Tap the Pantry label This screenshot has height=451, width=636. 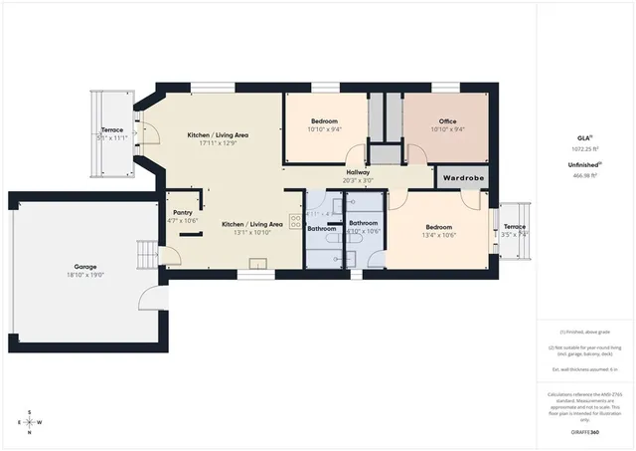tap(182, 212)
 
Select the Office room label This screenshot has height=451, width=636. tap(447, 121)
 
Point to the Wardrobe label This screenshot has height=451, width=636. tap(462, 178)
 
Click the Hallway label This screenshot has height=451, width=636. tap(358, 172)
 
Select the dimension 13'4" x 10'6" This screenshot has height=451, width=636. tap(438, 236)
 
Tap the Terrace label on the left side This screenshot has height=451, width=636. tap(112, 130)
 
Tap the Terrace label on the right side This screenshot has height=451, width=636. tap(514, 226)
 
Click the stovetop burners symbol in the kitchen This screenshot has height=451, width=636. tap(295, 221)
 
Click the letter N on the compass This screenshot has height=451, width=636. tap(30, 433)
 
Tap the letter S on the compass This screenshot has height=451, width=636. tap(30, 411)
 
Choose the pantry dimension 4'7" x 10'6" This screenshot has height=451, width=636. tap(182, 221)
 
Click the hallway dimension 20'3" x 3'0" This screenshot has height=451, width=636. tap(358, 181)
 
